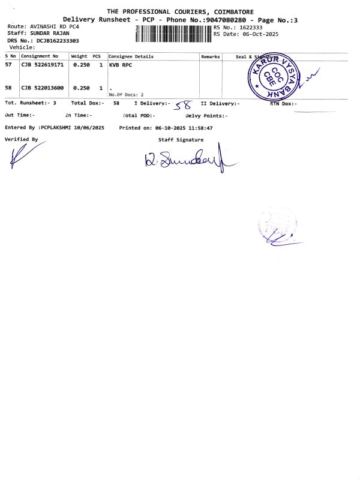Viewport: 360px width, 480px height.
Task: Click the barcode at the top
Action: tap(174, 34)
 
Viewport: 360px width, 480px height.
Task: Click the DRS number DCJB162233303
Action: tap(58, 40)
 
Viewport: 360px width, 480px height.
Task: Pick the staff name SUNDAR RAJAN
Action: tap(50, 33)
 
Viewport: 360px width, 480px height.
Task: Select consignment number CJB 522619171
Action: tap(43, 64)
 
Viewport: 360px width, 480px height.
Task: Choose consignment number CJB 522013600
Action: tap(43, 88)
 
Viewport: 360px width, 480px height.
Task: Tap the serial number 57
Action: tap(8, 64)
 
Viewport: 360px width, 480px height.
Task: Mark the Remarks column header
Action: tap(211, 56)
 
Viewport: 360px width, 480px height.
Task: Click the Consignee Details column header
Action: tap(131, 56)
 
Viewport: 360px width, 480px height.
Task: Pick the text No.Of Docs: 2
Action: tap(126, 95)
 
